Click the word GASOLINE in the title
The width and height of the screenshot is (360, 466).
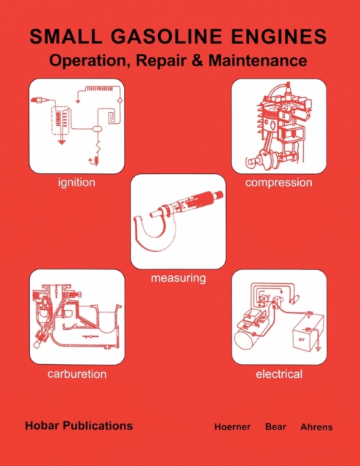coord(166,36)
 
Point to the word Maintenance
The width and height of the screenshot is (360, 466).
coord(258,60)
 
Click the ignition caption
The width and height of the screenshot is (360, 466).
coord(77,182)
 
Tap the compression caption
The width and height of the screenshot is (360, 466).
coord(279,183)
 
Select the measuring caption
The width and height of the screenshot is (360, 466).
coord(179,278)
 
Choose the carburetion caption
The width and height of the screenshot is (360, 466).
coord(77,374)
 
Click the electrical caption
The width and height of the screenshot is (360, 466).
coord(279,374)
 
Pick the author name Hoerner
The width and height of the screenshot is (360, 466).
coord(232,427)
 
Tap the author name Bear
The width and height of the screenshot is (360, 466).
coord(275,427)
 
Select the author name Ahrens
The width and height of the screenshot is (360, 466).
coord(316,427)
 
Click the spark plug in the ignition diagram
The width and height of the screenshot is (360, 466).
coord(39,100)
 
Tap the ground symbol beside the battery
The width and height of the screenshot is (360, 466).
coord(318,349)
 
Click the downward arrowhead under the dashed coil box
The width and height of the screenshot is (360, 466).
coord(62,143)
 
